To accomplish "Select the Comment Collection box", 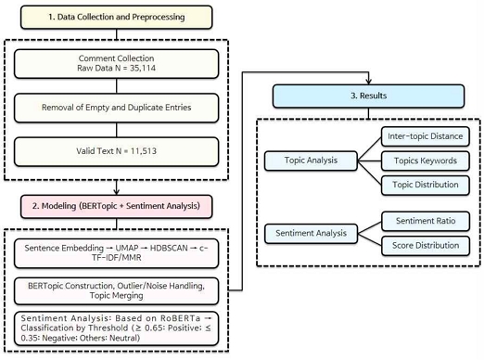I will click(116, 64).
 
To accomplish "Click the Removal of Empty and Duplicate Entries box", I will click(116, 109).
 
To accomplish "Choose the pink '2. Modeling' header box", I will click(116, 203).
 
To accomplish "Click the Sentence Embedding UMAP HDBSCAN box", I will click(116, 252).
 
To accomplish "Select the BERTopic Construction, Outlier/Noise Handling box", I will click(116, 289).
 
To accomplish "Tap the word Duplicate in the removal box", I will click(146, 109).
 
